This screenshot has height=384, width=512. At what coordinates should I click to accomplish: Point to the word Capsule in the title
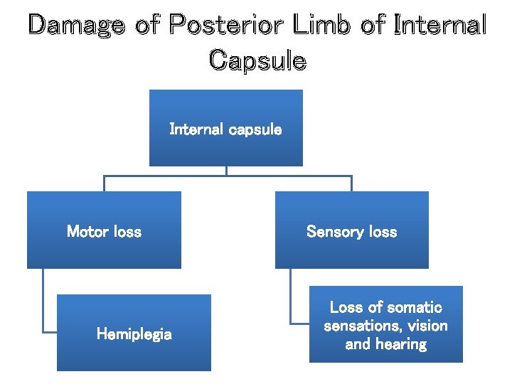click(x=257, y=60)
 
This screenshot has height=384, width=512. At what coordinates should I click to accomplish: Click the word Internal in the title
click(x=440, y=26)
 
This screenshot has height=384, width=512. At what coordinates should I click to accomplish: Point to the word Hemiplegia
click(x=134, y=334)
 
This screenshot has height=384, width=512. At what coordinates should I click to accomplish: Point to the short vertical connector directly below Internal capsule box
click(x=226, y=171)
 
